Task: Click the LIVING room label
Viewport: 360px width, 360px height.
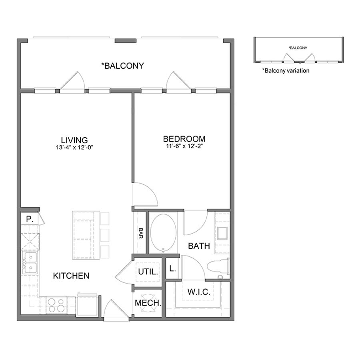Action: point(74,140)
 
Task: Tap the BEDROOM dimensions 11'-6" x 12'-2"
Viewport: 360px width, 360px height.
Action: point(184,146)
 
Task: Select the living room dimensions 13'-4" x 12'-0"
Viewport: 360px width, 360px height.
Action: point(74,147)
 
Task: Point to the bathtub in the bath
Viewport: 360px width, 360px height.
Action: point(163,232)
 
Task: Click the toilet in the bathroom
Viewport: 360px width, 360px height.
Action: point(218,266)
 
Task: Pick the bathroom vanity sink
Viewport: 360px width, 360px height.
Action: point(222,233)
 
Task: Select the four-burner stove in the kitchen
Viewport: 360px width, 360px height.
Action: point(56,305)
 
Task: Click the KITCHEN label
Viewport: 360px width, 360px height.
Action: point(71,276)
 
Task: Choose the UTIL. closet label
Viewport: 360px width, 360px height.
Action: point(148,272)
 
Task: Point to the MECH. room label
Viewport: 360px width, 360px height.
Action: point(148,303)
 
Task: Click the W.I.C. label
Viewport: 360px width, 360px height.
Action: point(199,292)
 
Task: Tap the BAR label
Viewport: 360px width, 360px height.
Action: point(141,233)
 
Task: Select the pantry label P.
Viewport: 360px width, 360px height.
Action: point(30,219)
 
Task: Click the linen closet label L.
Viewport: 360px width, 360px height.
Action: point(172,268)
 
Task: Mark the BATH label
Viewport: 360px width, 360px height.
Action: point(199,246)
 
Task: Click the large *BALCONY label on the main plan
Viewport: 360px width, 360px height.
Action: point(123,66)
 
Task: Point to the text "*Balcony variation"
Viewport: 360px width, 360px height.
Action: point(286,70)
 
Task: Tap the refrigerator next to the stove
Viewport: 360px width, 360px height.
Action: point(87,305)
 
